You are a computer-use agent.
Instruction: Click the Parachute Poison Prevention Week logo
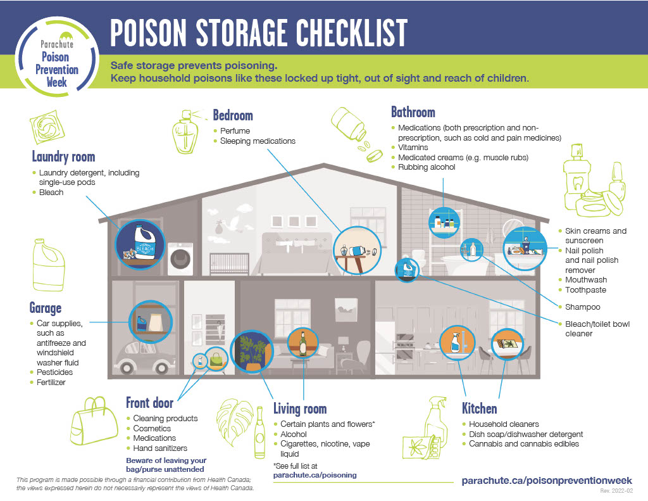pos(57,56)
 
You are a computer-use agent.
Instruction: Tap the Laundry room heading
pos(64,157)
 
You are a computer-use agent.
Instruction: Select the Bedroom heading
pos(233,115)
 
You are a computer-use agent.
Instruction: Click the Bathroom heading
pos(413,112)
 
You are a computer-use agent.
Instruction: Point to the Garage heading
pos(46,308)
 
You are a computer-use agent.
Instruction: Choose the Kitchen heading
pos(480,409)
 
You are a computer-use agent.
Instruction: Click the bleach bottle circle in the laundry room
pos(140,244)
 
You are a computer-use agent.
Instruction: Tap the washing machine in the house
pos(180,258)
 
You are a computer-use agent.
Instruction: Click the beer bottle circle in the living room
pos(303,343)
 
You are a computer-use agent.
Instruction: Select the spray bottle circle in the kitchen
pos(457,343)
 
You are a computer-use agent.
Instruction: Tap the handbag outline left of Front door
pos(95,421)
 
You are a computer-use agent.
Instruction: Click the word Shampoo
pos(583,307)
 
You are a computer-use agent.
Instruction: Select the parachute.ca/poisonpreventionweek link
pos(547,480)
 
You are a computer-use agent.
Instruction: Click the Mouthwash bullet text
pos(586,280)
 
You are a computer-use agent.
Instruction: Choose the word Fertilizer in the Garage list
pos(51,383)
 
